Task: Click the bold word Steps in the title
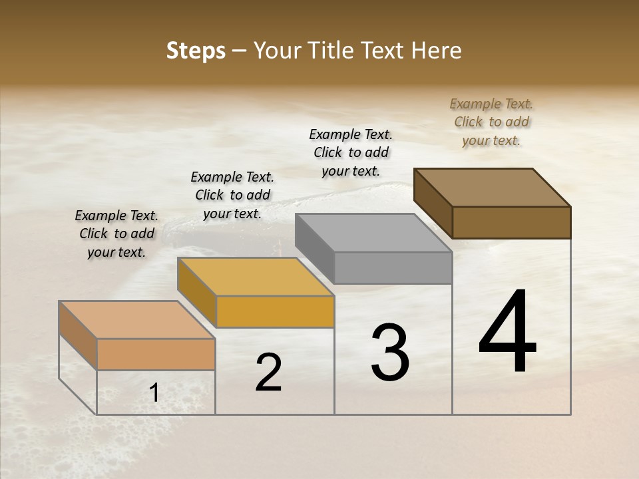pyautogui.click(x=196, y=51)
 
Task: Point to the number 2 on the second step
pyautogui.click(x=268, y=373)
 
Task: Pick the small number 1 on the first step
pyautogui.click(x=154, y=393)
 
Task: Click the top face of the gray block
pyautogui.click(x=373, y=234)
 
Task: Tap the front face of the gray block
pyautogui.click(x=393, y=267)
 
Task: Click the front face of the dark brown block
pyautogui.click(x=511, y=222)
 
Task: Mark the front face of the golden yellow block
pyautogui.click(x=275, y=311)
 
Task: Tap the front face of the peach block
pyautogui.click(x=156, y=354)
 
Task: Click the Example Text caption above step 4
pyautogui.click(x=491, y=122)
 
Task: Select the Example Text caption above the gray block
pyautogui.click(x=351, y=152)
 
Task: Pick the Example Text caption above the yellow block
pyautogui.click(x=232, y=195)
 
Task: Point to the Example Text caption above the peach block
pyautogui.click(x=116, y=234)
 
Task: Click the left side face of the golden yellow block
pyautogui.click(x=197, y=292)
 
